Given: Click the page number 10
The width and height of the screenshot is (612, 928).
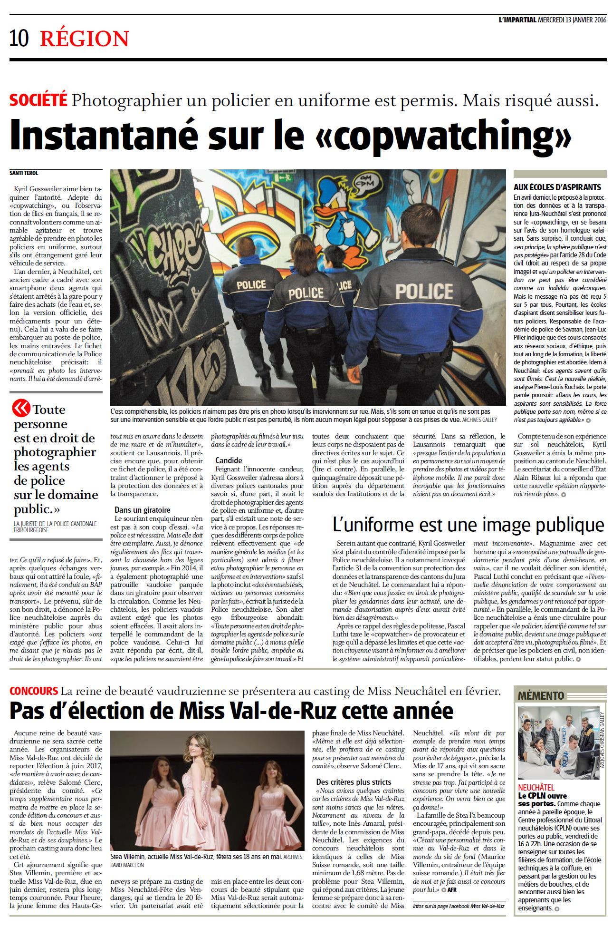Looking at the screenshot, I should pos(19,39).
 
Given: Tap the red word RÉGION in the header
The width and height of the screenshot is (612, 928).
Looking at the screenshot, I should pos(84,39).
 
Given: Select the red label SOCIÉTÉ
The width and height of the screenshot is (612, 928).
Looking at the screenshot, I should pos(38,100).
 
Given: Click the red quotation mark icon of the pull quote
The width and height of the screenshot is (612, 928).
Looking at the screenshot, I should pos(21,408).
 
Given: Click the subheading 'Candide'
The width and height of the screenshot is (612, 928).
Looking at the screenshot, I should pos(229,460).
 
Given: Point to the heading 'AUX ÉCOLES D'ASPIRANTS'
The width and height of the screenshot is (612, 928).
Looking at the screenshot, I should pos(557,187).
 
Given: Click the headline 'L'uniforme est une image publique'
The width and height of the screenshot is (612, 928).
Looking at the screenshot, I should pos(468,525).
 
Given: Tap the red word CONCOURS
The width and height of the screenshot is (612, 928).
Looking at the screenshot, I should pos(33,691).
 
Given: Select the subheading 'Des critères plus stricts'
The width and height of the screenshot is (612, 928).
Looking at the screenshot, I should pos(354,781).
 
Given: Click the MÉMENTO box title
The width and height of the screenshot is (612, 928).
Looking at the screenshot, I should pos(541,696).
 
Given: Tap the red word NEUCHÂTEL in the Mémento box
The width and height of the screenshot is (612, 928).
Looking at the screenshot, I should pos(536,788).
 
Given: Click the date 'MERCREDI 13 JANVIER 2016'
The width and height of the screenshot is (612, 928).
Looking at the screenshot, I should pos(573,20).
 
